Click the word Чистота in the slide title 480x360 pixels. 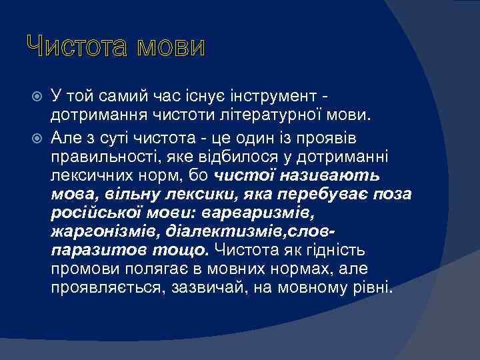point(72,47)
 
